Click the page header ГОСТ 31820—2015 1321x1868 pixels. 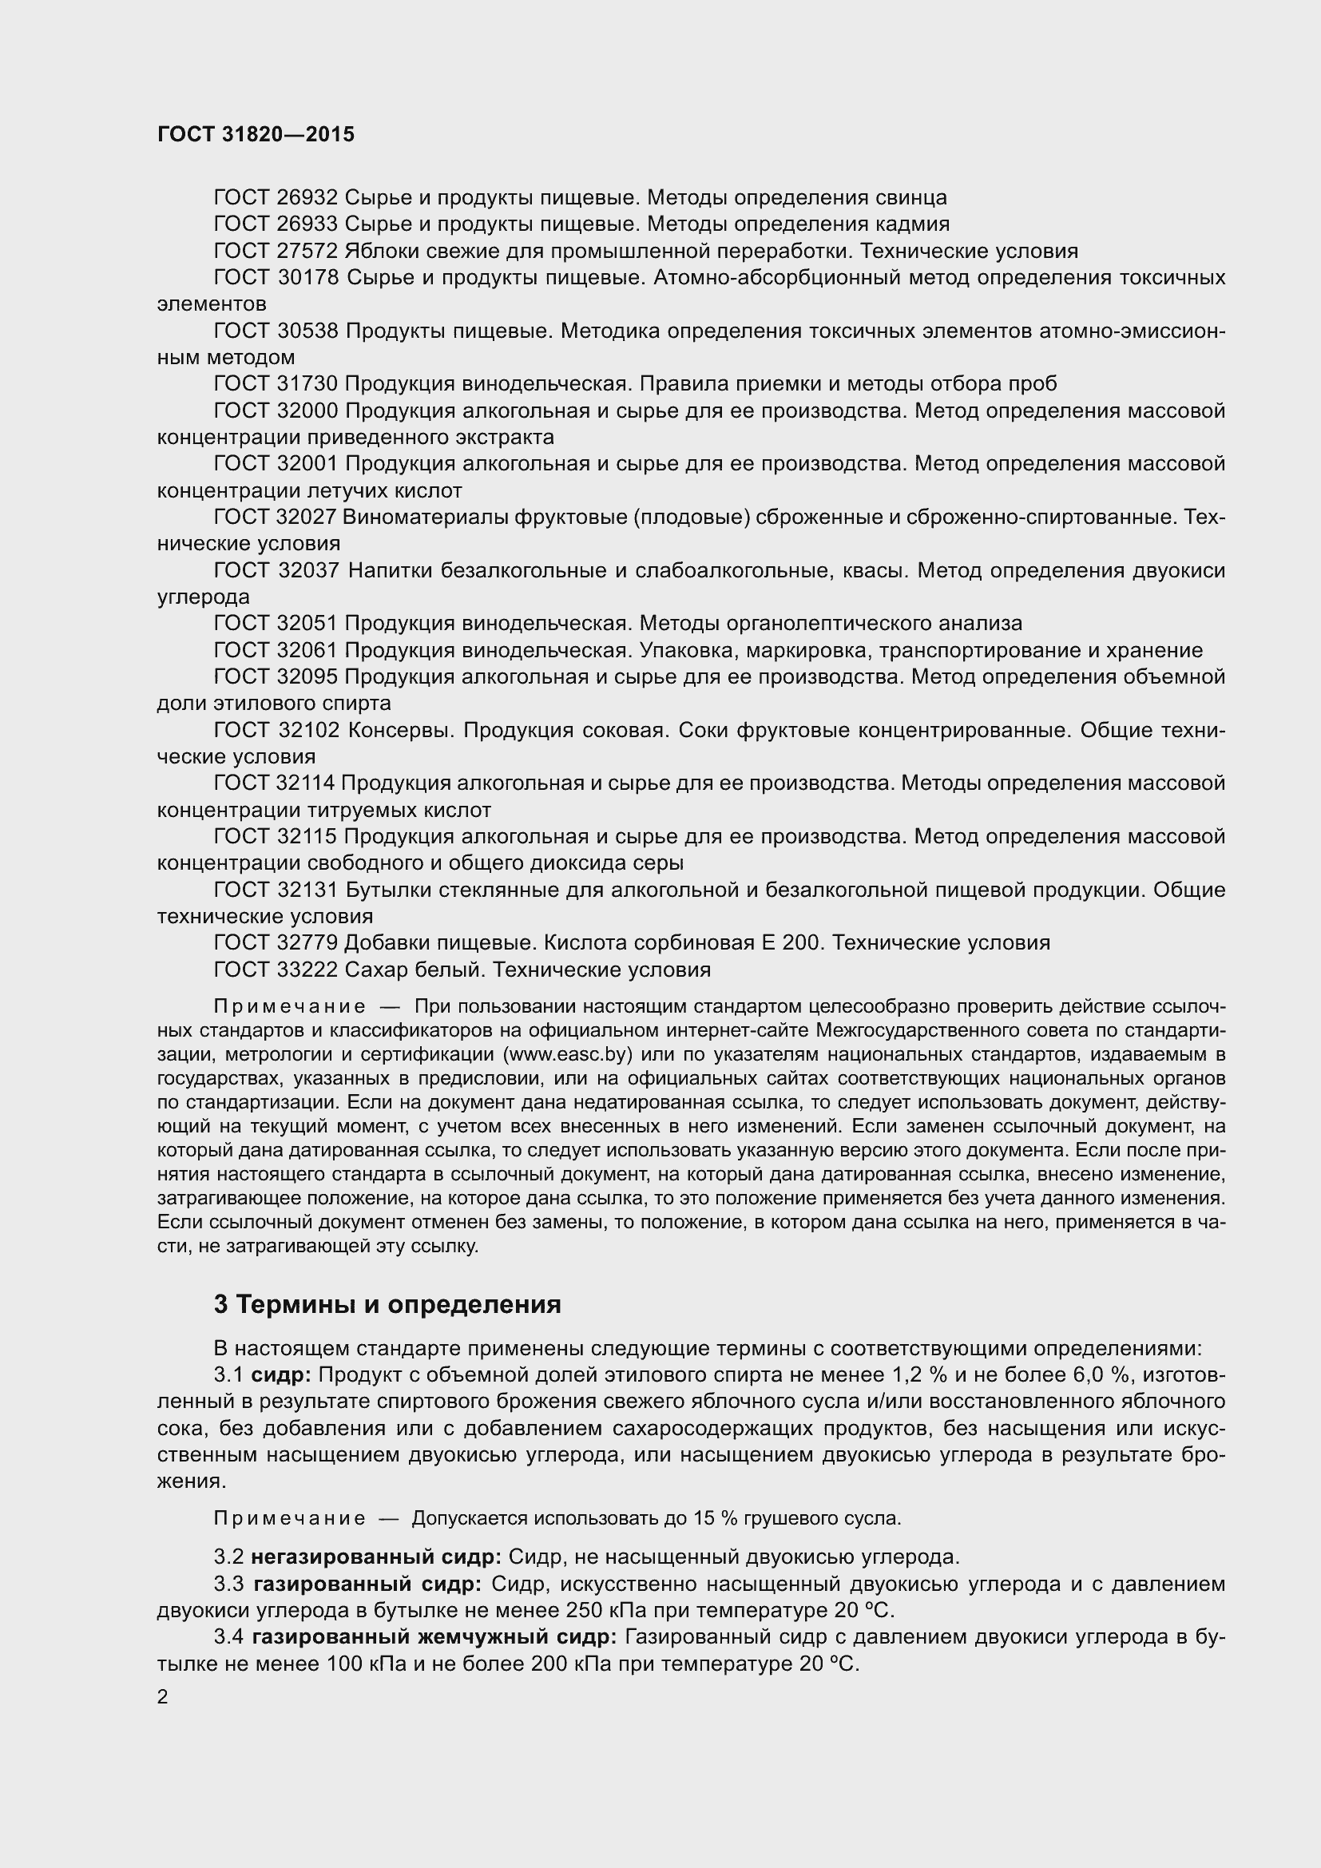(256, 134)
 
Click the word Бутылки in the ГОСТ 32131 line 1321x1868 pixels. (381, 890)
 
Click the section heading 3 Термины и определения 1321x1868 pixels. (387, 1304)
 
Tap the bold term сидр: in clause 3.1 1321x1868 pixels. (280, 1375)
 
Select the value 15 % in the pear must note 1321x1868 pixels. (704, 1518)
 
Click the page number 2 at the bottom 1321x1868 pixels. (163, 1697)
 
